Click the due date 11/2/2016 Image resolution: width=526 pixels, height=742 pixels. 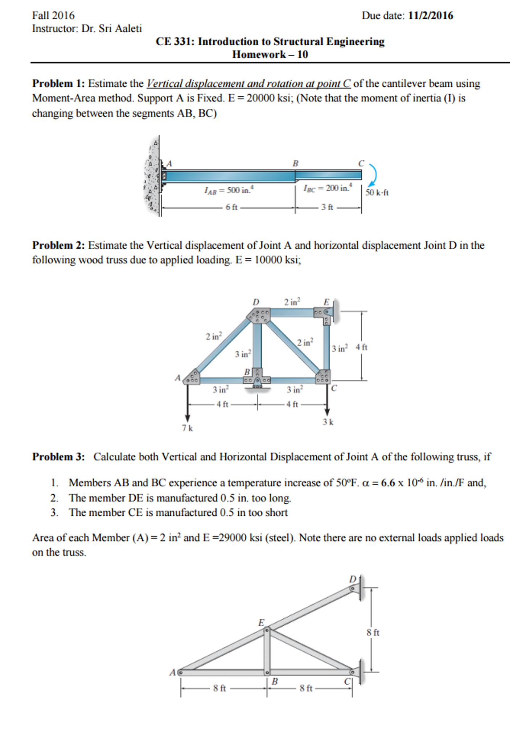click(x=430, y=16)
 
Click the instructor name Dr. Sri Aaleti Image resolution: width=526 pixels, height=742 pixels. click(x=111, y=29)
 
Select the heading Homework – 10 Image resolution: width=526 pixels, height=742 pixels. click(x=270, y=54)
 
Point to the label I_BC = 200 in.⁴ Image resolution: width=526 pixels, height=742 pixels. click(x=328, y=188)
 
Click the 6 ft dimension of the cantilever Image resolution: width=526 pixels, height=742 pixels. click(x=231, y=207)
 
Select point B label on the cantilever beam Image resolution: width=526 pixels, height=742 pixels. click(x=295, y=164)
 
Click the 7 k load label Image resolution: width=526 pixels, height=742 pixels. click(x=187, y=428)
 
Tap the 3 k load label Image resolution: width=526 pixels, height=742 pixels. click(x=328, y=422)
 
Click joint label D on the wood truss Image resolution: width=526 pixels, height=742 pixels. click(x=256, y=302)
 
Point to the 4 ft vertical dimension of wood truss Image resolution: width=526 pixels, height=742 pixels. click(x=361, y=347)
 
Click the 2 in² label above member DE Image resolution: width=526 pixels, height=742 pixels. click(x=292, y=302)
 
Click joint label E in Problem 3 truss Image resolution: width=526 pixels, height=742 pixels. click(x=261, y=623)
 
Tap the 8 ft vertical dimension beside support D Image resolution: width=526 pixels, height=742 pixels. click(x=373, y=632)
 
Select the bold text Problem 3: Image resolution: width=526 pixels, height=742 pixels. click(x=58, y=457)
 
